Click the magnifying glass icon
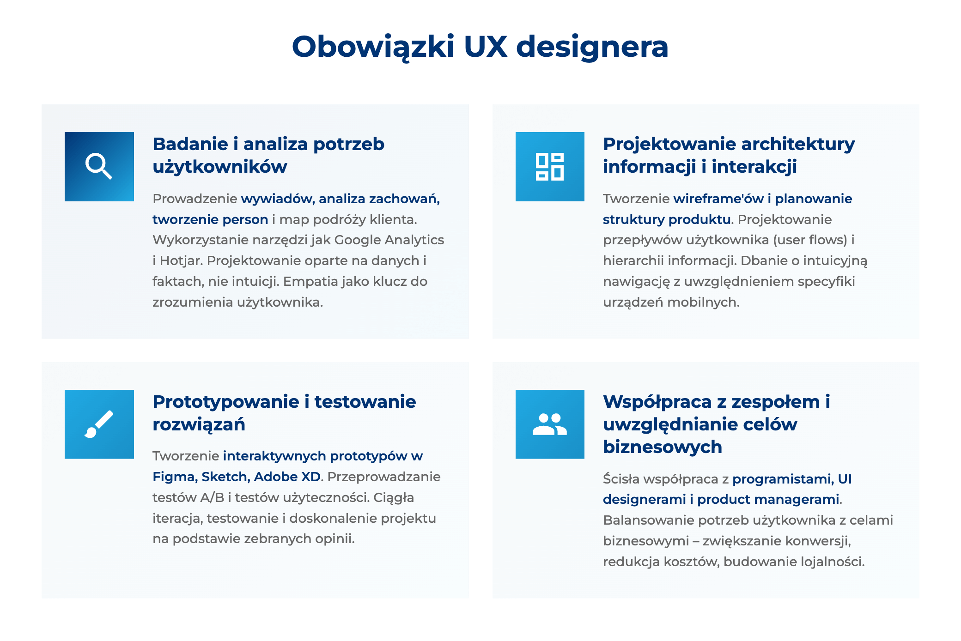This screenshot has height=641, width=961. click(x=99, y=166)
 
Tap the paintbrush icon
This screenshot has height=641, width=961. click(x=99, y=424)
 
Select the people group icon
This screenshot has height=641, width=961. click(x=550, y=424)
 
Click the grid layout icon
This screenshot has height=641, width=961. click(x=550, y=166)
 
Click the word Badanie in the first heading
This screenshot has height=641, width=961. click(x=190, y=144)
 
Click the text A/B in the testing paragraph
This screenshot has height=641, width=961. click(x=212, y=497)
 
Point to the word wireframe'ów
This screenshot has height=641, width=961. click(x=718, y=199)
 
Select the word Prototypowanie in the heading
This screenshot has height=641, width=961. click(x=226, y=402)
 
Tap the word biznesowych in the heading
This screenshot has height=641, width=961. click(x=663, y=447)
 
